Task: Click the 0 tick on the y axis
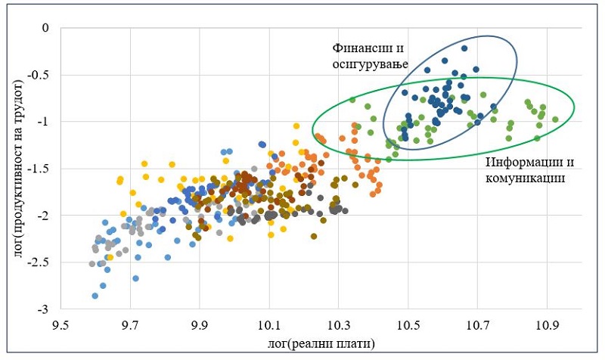[x=45, y=28]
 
